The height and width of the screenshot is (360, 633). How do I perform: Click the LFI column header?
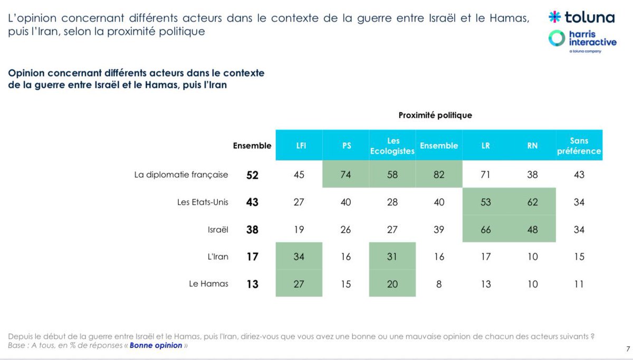click(299, 146)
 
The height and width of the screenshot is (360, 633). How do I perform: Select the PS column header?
click(346, 146)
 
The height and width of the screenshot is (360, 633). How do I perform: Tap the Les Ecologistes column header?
click(392, 146)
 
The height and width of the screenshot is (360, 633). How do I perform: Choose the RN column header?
click(533, 146)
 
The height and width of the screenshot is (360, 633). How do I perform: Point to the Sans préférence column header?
click(579, 146)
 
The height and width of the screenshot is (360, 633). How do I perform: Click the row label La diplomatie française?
click(181, 174)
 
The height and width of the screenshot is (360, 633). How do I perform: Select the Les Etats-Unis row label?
click(203, 202)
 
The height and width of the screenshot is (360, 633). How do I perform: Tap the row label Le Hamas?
click(208, 283)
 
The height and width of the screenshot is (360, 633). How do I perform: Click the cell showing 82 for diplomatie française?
click(439, 175)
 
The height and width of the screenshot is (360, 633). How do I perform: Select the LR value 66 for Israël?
click(486, 230)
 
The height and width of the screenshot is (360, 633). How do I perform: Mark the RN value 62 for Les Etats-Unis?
click(533, 202)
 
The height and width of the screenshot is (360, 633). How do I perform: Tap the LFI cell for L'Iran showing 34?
click(299, 257)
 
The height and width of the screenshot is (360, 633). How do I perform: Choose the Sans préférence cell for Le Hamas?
click(579, 285)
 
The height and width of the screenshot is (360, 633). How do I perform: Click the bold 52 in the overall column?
click(253, 175)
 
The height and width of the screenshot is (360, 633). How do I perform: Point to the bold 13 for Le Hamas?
click(253, 285)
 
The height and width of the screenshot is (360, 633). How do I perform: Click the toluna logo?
click(581, 17)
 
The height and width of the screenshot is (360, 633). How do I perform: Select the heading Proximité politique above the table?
click(435, 115)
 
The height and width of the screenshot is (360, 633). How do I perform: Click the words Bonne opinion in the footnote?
click(156, 346)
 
